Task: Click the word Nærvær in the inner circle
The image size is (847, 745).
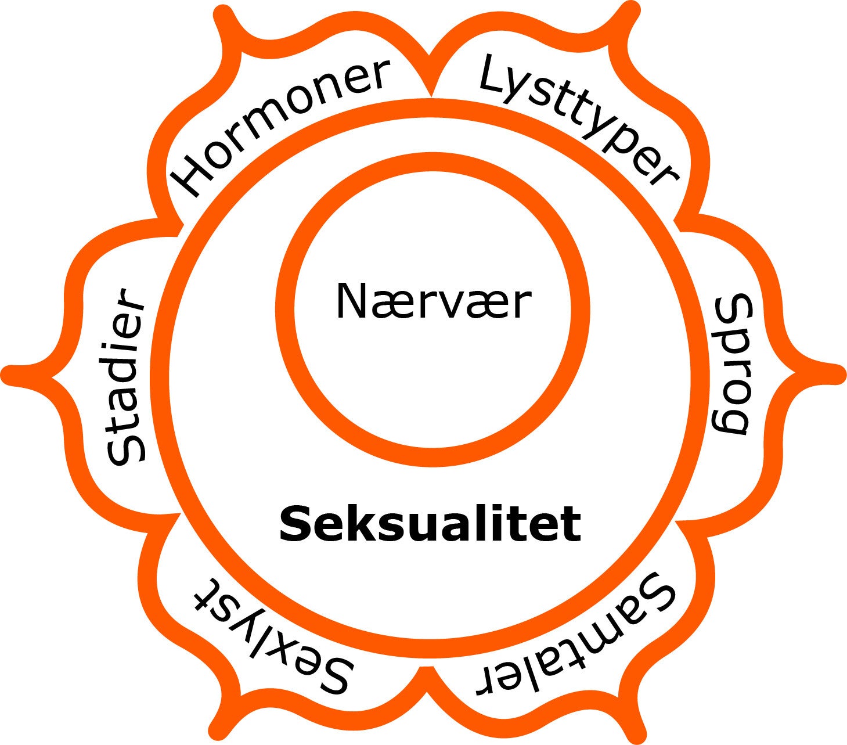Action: pyautogui.click(x=433, y=301)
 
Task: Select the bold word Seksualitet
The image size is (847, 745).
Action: pyautogui.click(x=430, y=524)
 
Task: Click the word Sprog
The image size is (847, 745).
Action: pyautogui.click(x=730, y=364)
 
